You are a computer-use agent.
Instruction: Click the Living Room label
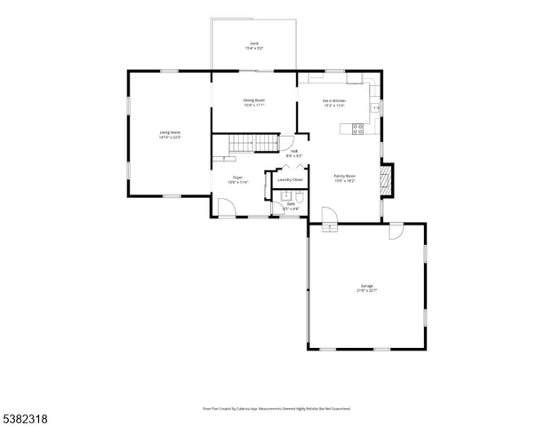click(170, 134)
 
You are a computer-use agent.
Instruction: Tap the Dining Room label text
click(254, 102)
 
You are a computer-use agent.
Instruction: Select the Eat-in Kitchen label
click(334, 103)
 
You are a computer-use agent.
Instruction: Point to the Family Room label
click(344, 177)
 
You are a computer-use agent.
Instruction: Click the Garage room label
click(366, 288)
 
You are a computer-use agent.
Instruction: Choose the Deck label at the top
click(253, 45)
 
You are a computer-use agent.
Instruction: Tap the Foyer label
click(238, 179)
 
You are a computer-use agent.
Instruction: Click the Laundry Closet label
click(290, 180)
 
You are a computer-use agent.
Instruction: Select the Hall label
click(293, 154)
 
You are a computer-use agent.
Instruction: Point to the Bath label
click(290, 206)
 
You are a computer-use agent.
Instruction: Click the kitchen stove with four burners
click(358, 129)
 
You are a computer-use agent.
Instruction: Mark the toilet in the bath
click(300, 200)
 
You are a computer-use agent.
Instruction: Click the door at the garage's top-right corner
click(396, 232)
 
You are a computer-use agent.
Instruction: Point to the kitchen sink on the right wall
click(377, 108)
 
